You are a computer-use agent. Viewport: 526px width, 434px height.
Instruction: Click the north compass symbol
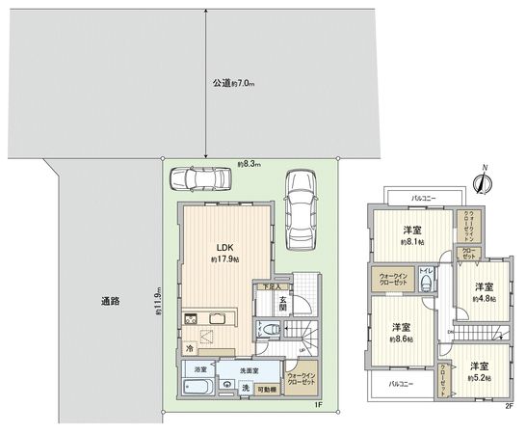pos(484,181)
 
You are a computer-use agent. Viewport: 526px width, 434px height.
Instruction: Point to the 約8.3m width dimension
pos(250,164)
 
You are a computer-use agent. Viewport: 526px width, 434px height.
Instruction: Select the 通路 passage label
pos(109,301)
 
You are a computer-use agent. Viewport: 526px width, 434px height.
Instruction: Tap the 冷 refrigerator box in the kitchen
pos(190,347)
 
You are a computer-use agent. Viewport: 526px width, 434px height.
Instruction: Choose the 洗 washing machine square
pos(244,388)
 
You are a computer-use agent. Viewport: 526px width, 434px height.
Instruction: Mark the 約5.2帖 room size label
pos(480,377)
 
